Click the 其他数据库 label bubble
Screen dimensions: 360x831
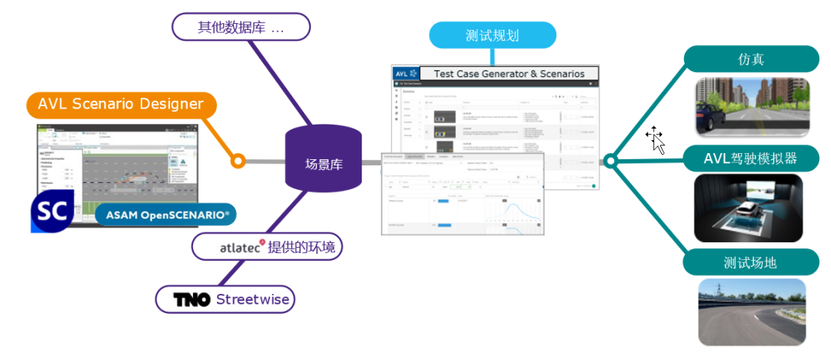pos(240,27)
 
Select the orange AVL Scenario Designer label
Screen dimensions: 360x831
pos(121,104)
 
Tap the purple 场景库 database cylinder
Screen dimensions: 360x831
pos(323,162)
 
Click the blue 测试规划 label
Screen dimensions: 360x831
pos(492,35)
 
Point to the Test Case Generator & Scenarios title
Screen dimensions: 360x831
pos(509,74)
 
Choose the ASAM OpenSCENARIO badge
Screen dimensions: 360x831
pos(166,215)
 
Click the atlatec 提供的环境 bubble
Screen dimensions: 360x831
pos(267,247)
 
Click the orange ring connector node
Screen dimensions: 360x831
pos(238,161)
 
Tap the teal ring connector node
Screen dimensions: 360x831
pos(610,161)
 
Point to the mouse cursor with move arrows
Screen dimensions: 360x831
pos(655,138)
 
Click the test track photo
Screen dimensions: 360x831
pos(751,312)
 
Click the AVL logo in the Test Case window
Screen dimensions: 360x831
pos(404,74)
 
